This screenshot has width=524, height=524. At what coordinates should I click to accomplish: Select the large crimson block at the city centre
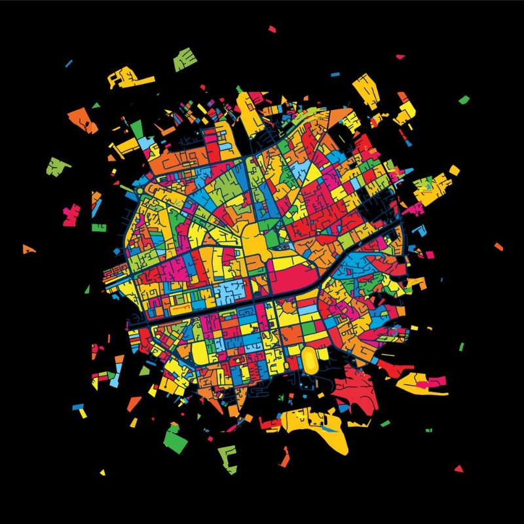coord(295,280)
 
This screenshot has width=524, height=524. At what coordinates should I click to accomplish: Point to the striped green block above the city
coord(185,60)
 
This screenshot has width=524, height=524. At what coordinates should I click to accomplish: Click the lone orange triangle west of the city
coord(28,249)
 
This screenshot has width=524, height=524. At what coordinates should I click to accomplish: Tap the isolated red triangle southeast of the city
coord(458,468)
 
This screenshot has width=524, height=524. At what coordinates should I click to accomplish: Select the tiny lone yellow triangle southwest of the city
coord(103,472)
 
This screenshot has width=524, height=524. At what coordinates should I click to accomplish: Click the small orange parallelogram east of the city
coord(498,247)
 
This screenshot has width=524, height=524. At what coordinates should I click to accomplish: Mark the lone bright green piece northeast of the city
coord(464,100)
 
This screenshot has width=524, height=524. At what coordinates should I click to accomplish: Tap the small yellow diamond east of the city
coord(453,170)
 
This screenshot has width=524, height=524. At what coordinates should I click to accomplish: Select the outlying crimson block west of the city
coord(70,215)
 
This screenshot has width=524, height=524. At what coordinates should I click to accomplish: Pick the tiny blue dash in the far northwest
coord(68,63)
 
